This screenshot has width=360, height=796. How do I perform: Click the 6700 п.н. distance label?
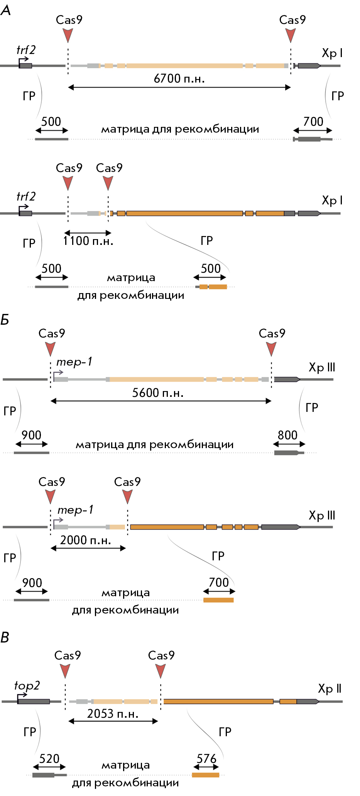[x=179, y=78]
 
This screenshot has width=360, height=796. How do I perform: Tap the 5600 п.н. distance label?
[x=158, y=393]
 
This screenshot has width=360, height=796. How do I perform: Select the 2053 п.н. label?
[x=113, y=713]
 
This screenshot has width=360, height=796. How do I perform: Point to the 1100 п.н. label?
[x=88, y=241]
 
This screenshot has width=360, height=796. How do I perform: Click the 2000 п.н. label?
[x=86, y=540]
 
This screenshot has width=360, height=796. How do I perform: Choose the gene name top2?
[x=27, y=685]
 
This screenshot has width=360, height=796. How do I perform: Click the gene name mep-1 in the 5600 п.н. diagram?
[x=74, y=362]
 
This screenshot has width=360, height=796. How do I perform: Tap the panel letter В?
[x=5, y=638]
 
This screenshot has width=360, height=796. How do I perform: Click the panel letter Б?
[x=5, y=320]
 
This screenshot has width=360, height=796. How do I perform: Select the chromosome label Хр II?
[x=330, y=688]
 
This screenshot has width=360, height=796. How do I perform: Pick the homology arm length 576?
[x=206, y=759]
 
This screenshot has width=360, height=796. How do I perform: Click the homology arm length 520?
[x=49, y=759]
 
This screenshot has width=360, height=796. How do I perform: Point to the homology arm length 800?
[x=287, y=435]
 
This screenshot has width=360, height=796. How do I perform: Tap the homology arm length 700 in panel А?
[x=313, y=121]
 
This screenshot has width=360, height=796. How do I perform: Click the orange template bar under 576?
[x=206, y=775]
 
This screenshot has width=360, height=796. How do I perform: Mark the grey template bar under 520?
[x=44, y=775]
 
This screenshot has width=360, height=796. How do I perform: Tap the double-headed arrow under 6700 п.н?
[x=179, y=88]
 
